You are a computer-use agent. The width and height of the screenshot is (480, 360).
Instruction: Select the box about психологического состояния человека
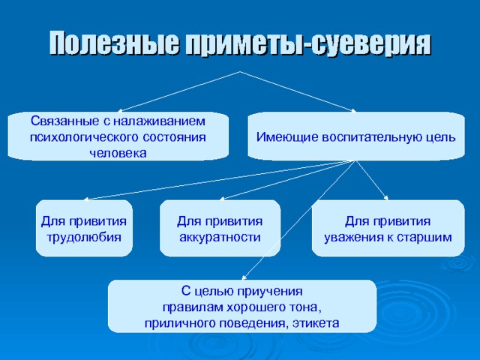[118, 136]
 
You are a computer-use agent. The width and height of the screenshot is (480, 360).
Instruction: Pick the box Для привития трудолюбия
[84, 229]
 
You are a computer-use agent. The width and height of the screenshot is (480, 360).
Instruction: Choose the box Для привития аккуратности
[219, 229]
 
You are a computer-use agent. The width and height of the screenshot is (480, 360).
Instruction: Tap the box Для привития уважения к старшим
[387, 229]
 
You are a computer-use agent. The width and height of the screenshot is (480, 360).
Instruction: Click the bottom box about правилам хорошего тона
[241, 306]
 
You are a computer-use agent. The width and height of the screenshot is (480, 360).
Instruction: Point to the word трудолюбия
[84, 237]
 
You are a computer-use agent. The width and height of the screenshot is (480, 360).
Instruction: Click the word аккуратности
[220, 237]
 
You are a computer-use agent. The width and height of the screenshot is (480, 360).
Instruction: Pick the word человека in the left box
[118, 153]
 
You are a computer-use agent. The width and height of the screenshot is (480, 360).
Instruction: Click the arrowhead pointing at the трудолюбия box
[85, 199]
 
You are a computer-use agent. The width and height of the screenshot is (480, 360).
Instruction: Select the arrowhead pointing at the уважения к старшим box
[387, 199]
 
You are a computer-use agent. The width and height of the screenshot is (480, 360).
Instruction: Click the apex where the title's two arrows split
[240, 71]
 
